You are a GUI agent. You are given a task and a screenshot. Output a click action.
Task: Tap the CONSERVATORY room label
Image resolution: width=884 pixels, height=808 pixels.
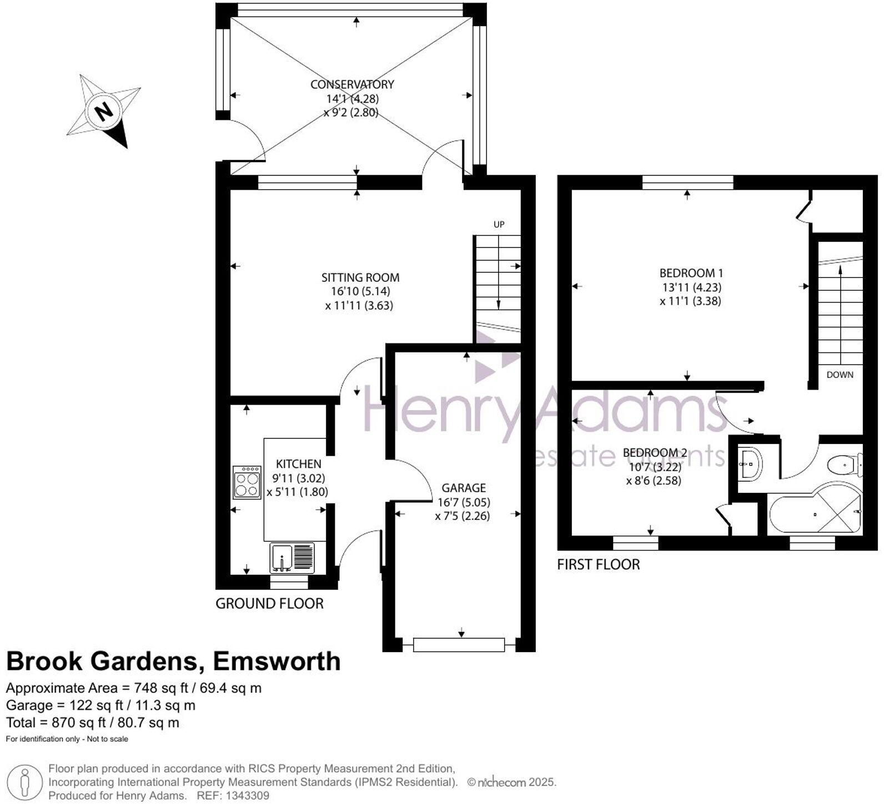point(352,84)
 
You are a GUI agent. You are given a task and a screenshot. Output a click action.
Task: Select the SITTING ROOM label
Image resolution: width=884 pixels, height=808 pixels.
point(360,277)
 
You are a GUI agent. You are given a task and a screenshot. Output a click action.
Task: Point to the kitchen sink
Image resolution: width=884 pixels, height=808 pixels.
point(282,558)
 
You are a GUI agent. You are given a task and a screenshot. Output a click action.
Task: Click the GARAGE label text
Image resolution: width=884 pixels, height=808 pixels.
point(464,488)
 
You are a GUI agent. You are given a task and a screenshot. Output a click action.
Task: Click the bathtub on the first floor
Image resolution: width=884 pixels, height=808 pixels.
point(813,514)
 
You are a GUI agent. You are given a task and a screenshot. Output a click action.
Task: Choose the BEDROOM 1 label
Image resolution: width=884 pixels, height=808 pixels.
point(691,273)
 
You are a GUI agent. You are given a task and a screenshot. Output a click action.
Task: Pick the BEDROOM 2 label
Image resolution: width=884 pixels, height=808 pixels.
point(655,453)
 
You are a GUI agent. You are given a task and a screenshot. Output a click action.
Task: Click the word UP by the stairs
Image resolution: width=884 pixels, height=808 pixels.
point(499,225)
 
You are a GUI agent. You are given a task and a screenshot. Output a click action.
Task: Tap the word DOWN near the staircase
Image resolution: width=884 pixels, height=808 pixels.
point(840,375)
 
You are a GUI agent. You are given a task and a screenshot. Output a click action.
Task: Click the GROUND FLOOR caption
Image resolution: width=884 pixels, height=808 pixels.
point(269,603)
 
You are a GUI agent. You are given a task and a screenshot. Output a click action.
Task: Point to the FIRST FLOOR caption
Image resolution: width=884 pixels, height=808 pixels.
point(599,564)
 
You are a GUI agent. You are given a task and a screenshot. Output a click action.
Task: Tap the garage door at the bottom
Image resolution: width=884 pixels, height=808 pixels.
point(459,644)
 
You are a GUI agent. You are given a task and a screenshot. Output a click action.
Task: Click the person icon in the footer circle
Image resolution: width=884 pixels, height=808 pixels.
point(24,782)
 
